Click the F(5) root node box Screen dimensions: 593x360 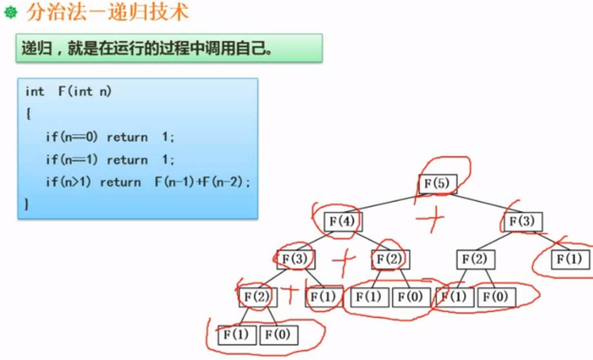click(438, 184)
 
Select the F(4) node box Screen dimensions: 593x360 click(343, 221)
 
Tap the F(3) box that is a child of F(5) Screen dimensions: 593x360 click(523, 221)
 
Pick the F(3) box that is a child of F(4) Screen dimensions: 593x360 click(296, 259)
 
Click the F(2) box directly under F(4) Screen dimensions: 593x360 click(391, 259)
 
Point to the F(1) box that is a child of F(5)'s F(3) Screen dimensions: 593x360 click(570, 259)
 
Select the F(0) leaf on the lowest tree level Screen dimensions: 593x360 click(279, 335)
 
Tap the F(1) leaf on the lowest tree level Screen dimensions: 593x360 click(237, 335)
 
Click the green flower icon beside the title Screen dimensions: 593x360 click(11, 12)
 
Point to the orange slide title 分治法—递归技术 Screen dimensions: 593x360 click(107, 12)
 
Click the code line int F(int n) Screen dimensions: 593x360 click(68, 92)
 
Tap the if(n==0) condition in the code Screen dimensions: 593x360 click(72, 137)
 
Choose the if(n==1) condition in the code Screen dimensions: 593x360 click(72, 160)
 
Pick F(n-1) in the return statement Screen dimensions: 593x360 click(175, 182)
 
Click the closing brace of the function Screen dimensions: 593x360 click(27, 205)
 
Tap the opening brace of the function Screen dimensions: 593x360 click(28, 115)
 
